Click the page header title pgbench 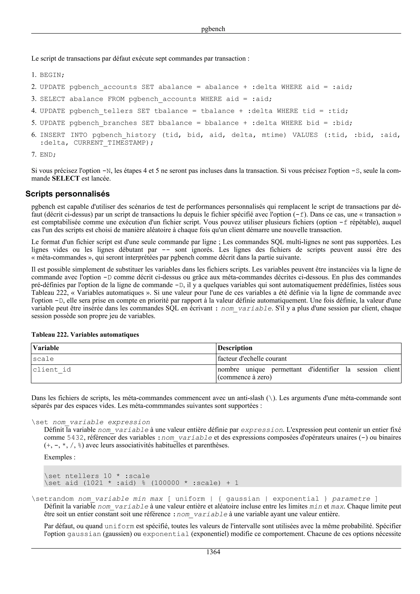[213, 29]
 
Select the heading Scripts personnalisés [67, 194]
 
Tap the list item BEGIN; [52, 75]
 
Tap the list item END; [48, 155]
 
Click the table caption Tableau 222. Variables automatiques [85, 335]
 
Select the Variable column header [46, 348]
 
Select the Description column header [235, 348]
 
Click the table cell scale [43, 359]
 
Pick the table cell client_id [52, 370]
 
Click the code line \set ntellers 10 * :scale [97, 476]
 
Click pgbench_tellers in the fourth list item [101, 111]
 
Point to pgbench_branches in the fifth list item [103, 123]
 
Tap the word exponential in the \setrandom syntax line [296, 499]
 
